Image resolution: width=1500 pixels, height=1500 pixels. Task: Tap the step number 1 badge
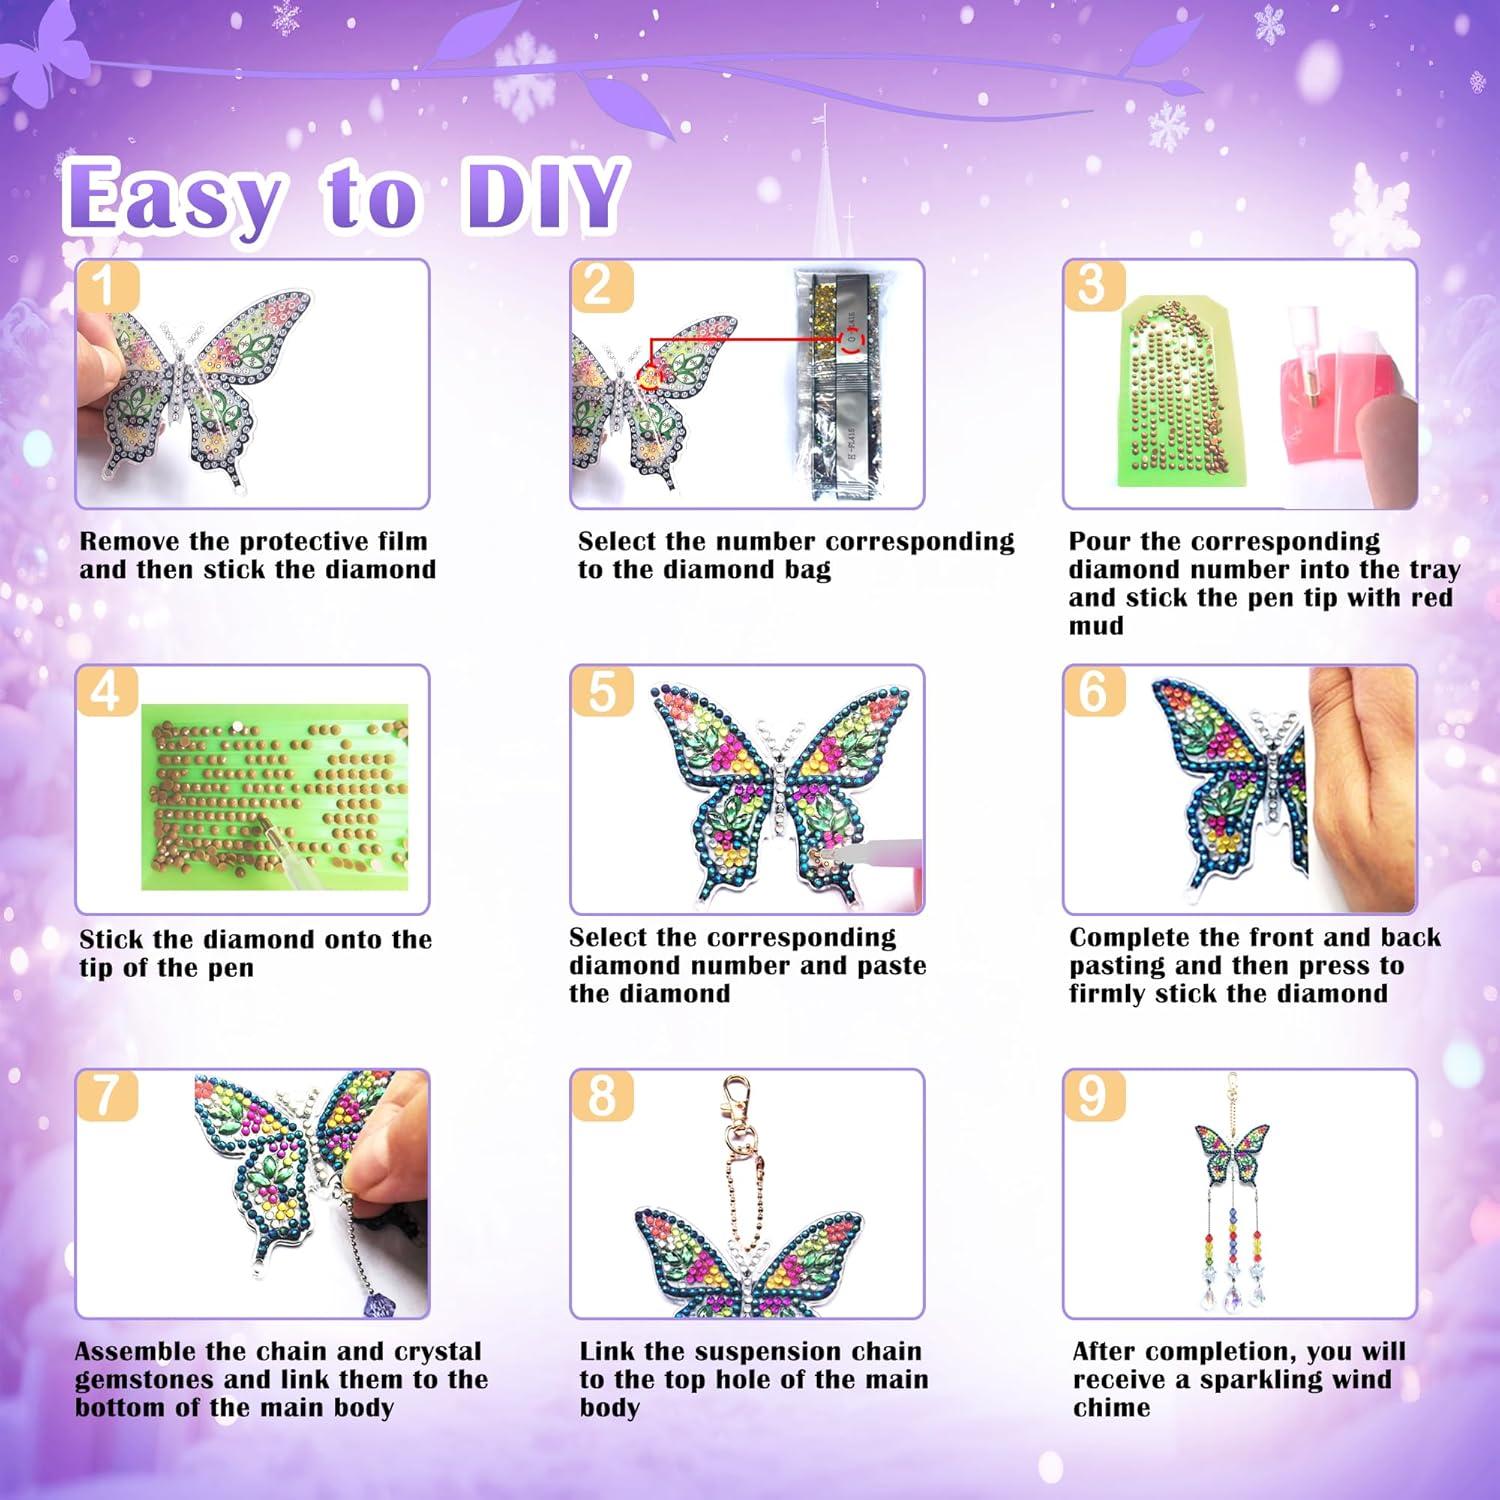[x=104, y=286]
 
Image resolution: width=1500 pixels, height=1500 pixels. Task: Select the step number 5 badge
[x=601, y=691]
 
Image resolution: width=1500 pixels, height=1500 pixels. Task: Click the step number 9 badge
[x=1093, y=1096]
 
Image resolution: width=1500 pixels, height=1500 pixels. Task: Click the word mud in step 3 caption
[x=1096, y=626]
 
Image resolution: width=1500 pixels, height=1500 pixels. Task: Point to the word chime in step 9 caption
[x=1111, y=1408]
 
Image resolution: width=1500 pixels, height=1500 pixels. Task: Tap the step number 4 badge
[x=105, y=692]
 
